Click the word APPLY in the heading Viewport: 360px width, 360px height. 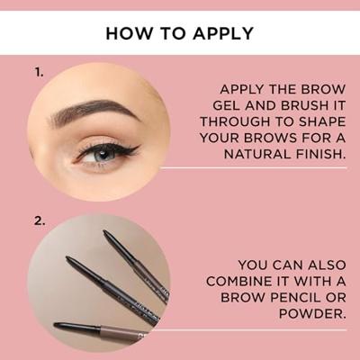coord(223,33)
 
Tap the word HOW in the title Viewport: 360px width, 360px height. coord(124,33)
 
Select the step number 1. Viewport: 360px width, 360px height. coord(39,72)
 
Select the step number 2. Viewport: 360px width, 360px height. coord(40,221)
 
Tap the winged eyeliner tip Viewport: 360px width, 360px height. coord(139,147)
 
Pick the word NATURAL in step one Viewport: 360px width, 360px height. coord(257,154)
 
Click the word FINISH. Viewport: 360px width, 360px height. coord(319,154)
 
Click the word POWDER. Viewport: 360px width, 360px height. coord(311,314)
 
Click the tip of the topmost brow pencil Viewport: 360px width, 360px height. coord(104,231)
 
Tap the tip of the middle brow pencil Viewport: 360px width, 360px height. coord(67,258)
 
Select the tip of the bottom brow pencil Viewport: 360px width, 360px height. coord(56,325)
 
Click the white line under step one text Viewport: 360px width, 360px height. coord(254,168)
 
